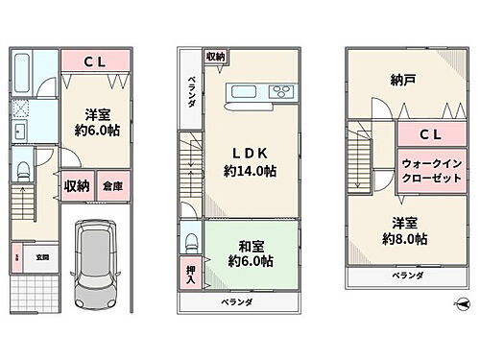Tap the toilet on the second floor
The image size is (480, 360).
190,240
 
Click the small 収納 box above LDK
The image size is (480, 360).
215,57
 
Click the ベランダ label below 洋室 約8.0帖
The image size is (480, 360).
406,276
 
